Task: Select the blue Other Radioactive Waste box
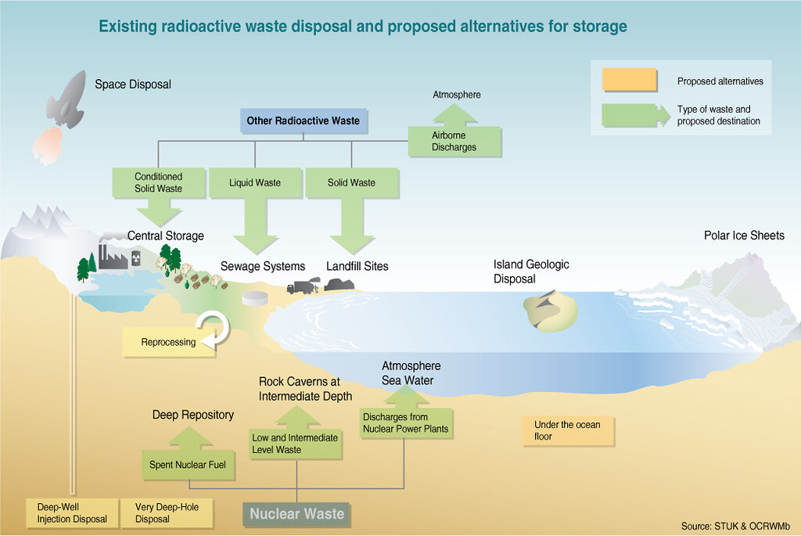303,121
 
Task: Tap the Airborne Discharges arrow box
454,141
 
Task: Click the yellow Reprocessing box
169,342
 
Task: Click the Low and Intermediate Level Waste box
295,444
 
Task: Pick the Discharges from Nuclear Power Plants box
406,423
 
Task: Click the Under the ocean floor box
567,430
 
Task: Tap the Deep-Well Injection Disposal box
72,513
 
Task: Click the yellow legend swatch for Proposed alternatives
629,81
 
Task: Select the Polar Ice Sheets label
743,236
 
